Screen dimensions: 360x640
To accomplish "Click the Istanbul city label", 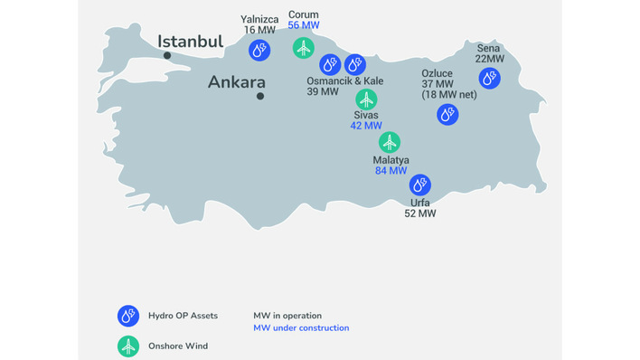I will tap(190, 42).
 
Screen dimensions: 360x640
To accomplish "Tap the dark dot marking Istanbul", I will tap(168, 55).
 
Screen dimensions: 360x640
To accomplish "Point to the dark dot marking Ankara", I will tap(260, 96).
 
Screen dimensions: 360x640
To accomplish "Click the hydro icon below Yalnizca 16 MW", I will tap(259, 51).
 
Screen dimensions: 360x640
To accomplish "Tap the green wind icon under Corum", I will tap(304, 47).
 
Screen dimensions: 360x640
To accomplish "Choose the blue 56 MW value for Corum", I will tap(303, 25).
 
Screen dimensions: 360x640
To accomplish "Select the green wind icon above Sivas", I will tap(366, 98).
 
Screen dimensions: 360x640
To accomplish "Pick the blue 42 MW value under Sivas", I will tap(367, 126).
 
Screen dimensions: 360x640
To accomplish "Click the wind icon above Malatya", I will tap(390, 142).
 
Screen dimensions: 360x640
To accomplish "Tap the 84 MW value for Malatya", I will tap(391, 170).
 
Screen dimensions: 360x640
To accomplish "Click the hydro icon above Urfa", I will tap(419, 185).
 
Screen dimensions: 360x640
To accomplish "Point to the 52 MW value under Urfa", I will tap(420, 213).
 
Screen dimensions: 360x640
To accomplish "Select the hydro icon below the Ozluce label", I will tap(447, 115).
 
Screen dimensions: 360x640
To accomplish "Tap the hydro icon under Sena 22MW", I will tap(489, 79).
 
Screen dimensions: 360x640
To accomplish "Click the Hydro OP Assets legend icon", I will tap(127, 315).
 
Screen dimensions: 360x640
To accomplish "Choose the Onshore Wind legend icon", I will tap(127, 346).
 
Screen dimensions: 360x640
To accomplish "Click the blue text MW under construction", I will tap(301, 327).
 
